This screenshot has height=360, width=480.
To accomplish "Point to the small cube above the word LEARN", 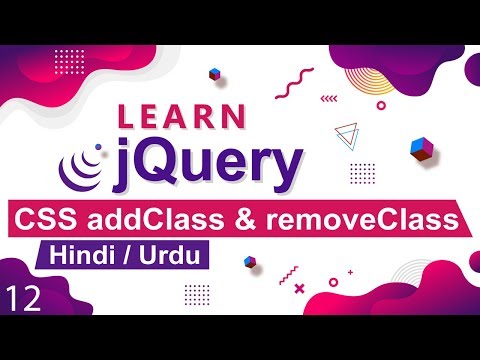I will click(214, 73).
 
